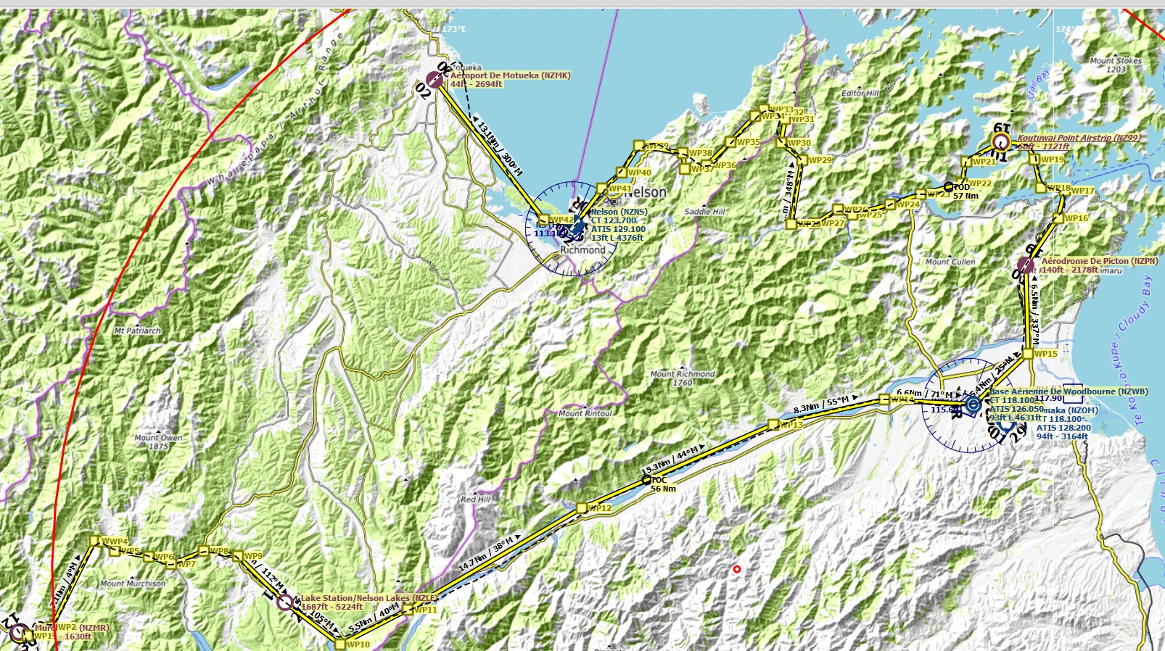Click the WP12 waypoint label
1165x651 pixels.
pyautogui.click(x=599, y=508)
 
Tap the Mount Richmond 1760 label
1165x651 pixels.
pyautogui.click(x=682, y=378)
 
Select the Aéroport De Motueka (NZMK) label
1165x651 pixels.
pyautogui.click(x=510, y=75)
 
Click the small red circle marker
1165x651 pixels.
pyautogui.click(x=737, y=569)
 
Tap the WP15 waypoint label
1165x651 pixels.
pyautogui.click(x=1046, y=354)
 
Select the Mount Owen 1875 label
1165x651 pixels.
pyautogui.click(x=158, y=442)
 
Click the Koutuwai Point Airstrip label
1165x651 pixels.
pyautogui.click(x=1078, y=138)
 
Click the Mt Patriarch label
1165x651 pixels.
pyautogui.click(x=138, y=331)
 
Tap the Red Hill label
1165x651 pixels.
pyautogui.click(x=475, y=499)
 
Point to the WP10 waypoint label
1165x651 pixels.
pyautogui.click(x=358, y=644)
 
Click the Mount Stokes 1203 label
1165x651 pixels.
pyautogui.click(x=1116, y=65)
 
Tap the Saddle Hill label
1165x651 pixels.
pyautogui.click(x=704, y=212)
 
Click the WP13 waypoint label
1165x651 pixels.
pyautogui.click(x=791, y=425)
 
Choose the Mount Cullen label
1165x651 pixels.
pyautogui.click(x=950, y=262)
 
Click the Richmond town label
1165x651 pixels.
pyautogui.click(x=582, y=250)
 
